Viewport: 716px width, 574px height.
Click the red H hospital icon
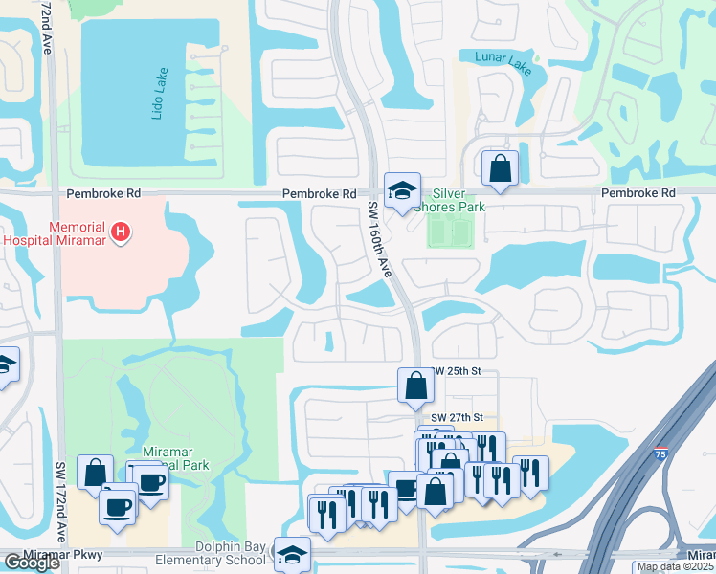[120, 231]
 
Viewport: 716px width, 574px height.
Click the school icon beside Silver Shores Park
[402, 190]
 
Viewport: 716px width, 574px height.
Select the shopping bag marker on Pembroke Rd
[500, 169]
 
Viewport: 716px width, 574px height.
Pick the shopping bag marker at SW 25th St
[416, 386]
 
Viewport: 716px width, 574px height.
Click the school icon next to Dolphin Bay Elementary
[292, 554]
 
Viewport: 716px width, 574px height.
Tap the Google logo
[33, 563]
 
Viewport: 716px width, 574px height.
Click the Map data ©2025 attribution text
[674, 566]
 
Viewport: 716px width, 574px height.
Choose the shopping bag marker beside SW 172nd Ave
[95, 472]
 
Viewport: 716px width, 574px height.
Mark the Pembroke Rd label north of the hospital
[102, 193]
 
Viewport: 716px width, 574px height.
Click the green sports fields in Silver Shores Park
[450, 231]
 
